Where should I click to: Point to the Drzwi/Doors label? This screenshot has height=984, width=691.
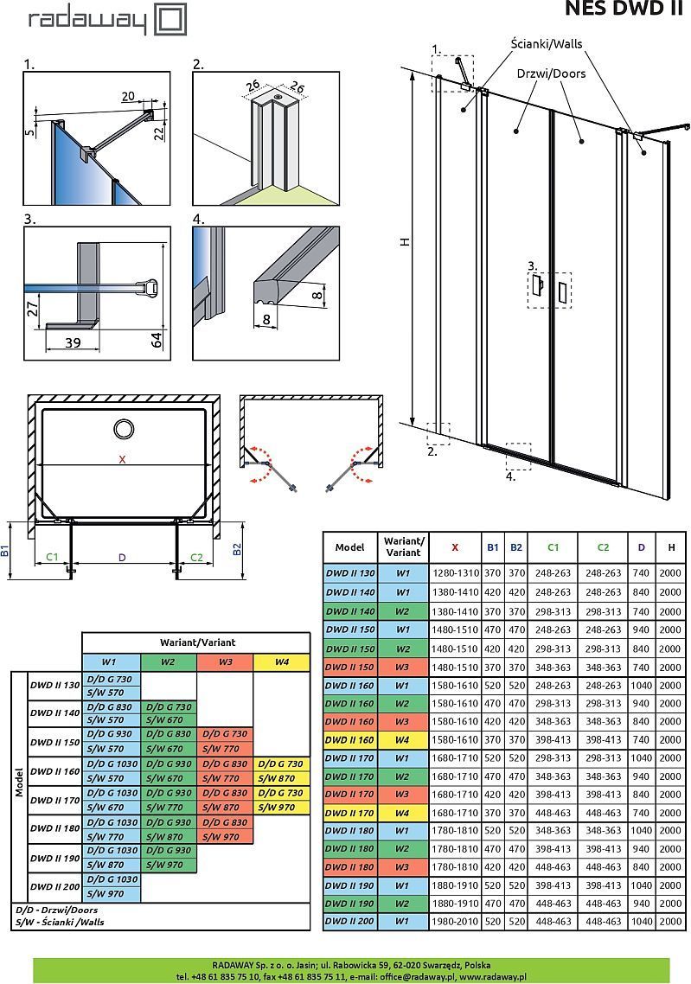[x=551, y=73]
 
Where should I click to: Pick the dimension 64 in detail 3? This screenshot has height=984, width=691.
[x=157, y=338]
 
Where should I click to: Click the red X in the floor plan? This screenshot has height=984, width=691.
[x=122, y=460]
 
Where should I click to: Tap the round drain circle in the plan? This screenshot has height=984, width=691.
[x=124, y=428]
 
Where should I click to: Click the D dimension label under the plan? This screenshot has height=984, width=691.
[x=122, y=558]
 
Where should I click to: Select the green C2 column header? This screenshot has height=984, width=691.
[x=603, y=547]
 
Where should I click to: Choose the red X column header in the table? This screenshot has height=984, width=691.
[x=455, y=547]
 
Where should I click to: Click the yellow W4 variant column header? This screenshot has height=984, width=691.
[x=281, y=662]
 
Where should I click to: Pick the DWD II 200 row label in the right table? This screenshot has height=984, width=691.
[x=349, y=922]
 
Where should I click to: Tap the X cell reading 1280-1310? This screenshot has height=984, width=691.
[x=455, y=573]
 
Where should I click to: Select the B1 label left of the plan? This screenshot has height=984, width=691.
[x=5, y=549]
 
